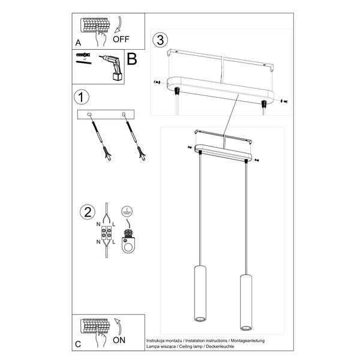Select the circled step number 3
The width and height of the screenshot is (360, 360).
[158, 40]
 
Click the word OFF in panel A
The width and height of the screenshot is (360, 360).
[121, 41]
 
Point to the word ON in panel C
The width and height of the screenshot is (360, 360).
[119, 340]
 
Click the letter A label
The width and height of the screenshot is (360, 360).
[78, 43]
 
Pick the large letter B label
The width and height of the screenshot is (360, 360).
[132, 59]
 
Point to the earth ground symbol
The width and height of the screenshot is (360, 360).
[127, 211]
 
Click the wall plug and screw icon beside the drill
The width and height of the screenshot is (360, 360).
[83, 58]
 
